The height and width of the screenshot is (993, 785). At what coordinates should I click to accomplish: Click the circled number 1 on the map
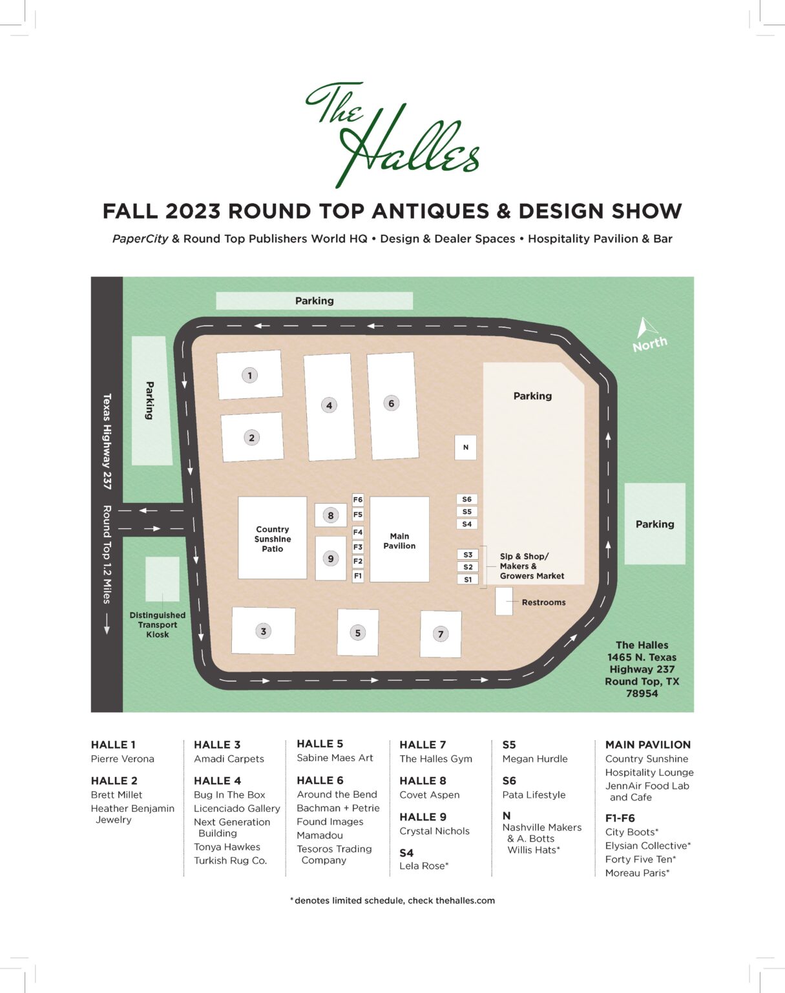coord(250,375)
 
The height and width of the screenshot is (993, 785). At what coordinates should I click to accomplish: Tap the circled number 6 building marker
coord(391,403)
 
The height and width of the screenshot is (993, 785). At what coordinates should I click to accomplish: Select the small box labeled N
coord(465,447)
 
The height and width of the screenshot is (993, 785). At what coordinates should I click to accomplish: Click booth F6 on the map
coord(358,500)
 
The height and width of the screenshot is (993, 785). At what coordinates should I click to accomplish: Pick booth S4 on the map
coord(467,524)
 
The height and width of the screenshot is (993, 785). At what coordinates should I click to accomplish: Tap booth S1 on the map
coord(468,579)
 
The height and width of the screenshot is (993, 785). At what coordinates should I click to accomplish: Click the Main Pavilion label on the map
coord(399,540)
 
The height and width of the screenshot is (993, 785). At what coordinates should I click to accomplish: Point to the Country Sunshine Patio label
coord(273,539)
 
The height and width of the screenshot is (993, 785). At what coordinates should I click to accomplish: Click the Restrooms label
coord(543,603)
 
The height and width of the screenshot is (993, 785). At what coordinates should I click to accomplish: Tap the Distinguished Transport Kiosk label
coord(158,625)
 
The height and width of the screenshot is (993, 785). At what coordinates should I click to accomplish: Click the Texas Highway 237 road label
coord(107,441)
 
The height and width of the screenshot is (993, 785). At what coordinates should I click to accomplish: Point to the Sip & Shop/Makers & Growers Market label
coord(531,566)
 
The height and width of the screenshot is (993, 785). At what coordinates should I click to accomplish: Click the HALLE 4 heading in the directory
coord(217,780)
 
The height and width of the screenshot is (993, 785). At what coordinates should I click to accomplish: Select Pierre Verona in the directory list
coord(123,758)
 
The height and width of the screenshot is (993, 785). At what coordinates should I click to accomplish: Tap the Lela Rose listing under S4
coord(424,866)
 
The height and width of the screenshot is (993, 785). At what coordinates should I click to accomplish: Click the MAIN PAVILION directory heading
coord(647,745)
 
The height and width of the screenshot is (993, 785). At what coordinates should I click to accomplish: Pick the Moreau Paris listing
coord(637,873)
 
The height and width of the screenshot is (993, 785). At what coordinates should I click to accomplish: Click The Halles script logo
coord(392,134)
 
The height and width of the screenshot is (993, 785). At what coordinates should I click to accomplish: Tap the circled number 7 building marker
coord(441,634)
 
